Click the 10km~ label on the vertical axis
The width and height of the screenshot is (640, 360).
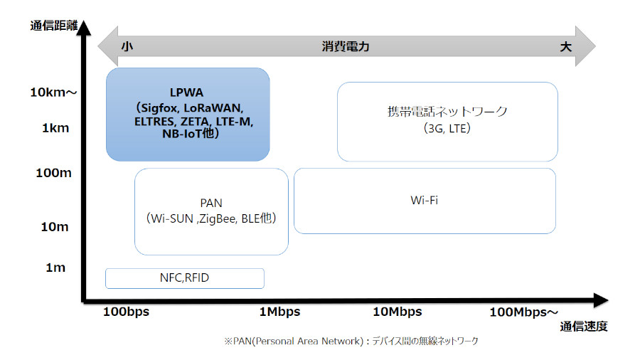tap(53, 92)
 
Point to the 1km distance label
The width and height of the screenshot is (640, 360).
tap(55, 128)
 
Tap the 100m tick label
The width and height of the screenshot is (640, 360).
tap(53, 173)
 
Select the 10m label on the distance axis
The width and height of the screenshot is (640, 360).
tap(55, 226)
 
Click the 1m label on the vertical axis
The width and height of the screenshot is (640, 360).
tap(55, 268)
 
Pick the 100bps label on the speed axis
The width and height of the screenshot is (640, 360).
tap(126, 312)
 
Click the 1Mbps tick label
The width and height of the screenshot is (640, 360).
tap(279, 312)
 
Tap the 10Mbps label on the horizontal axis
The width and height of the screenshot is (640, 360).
tap(397, 312)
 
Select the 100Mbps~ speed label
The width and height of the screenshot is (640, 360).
tap(523, 312)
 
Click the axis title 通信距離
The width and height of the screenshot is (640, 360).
tap(54, 26)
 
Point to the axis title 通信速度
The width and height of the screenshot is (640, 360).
tap(584, 327)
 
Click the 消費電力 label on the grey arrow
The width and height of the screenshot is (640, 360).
tap(346, 46)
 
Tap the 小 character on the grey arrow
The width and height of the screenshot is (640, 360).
tap(127, 46)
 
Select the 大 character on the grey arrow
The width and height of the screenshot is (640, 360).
tap(565, 46)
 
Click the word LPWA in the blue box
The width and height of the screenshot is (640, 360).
tap(186, 92)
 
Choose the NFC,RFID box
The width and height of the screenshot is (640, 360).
tap(185, 278)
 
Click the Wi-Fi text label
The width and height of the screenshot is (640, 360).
tap(424, 201)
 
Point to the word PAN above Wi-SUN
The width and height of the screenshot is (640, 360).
tap(211, 203)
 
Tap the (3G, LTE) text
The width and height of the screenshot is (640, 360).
tap(447, 129)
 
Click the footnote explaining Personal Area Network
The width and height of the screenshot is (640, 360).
tap(351, 341)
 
